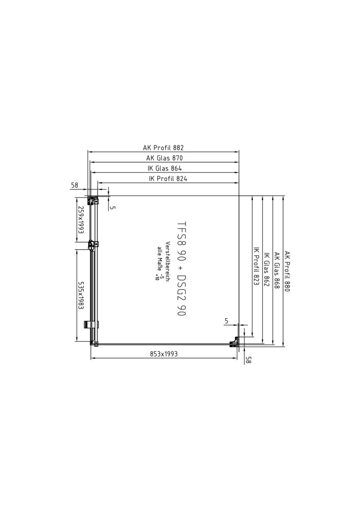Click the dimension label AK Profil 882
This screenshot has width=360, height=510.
click(163, 148)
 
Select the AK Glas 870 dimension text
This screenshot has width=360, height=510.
click(164, 158)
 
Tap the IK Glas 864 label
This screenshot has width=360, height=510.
click(164, 168)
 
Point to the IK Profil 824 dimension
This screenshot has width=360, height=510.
click(168, 178)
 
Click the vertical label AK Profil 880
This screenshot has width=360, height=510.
click(286, 271)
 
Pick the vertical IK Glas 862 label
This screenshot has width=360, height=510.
click(267, 269)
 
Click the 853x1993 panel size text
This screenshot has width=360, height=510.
click(164, 354)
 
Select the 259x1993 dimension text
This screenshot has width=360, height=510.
click(81, 220)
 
